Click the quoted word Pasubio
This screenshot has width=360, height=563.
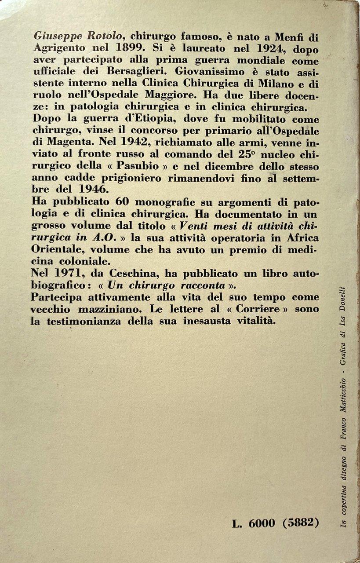coord(123,166)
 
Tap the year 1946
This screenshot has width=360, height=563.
coord(90,190)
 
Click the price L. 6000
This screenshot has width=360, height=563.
coord(253,523)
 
